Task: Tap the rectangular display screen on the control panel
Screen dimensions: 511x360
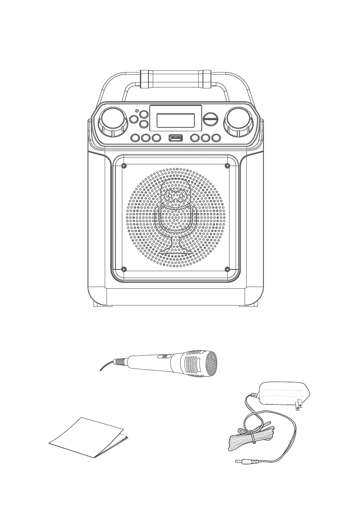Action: pos(175,121)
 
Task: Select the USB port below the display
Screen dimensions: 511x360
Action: pos(176,138)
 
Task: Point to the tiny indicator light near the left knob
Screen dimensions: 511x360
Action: pos(136,112)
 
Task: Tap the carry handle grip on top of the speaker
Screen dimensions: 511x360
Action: pos(176,79)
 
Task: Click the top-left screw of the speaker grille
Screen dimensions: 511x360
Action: pos(124,166)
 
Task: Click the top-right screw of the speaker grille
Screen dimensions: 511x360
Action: pos(227,166)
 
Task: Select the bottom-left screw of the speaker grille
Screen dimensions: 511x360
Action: pos(124,269)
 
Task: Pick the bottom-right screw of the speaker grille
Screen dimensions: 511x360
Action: pos(227,269)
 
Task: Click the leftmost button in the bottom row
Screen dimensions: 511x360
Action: pos(135,138)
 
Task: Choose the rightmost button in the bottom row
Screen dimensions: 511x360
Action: pos(216,138)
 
